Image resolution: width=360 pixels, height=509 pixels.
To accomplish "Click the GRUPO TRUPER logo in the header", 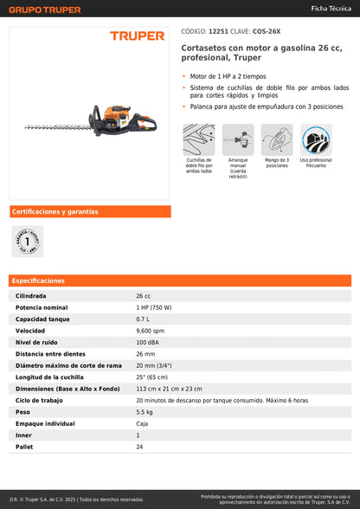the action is click(45, 10).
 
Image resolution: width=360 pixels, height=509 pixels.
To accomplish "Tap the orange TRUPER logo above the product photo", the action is click(136, 36).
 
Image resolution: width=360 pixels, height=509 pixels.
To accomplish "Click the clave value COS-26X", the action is click(264, 30).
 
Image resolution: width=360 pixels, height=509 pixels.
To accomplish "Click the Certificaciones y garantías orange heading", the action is click(55, 211).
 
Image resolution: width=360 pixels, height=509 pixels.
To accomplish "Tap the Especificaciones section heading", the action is click(39, 280).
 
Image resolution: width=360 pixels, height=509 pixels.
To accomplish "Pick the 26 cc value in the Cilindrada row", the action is click(144, 296).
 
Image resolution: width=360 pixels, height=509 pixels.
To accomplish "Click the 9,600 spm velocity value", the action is click(150, 331).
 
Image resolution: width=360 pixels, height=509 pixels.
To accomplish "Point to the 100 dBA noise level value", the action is click(147, 342).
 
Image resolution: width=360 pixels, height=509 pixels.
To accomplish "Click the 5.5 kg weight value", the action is click(144, 412).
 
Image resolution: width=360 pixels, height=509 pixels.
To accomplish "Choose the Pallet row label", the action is click(23, 447).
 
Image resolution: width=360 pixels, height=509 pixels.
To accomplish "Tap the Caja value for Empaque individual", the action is click(143, 423).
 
